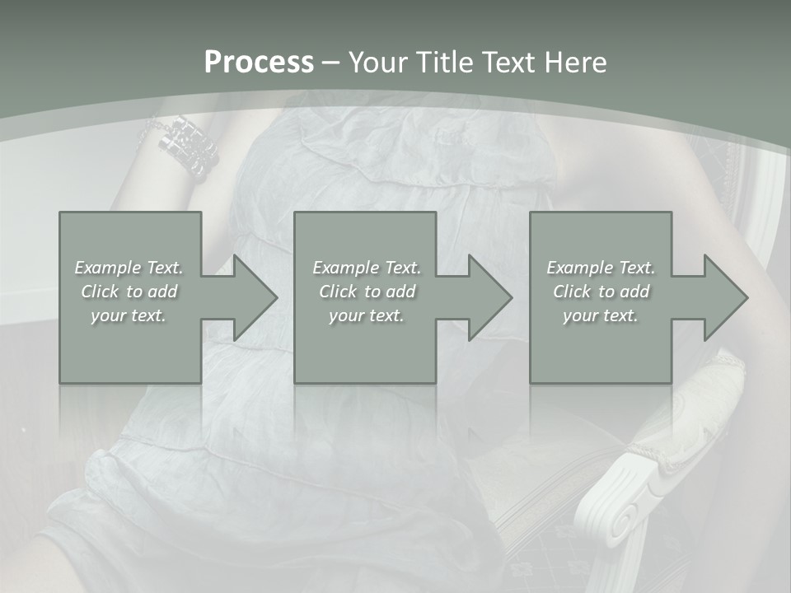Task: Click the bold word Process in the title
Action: pyautogui.click(x=259, y=63)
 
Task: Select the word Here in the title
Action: pyautogui.click(x=577, y=63)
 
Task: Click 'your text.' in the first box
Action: pyautogui.click(x=129, y=315)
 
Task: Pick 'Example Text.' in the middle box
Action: pyautogui.click(x=367, y=268)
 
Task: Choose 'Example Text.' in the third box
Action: pyautogui.click(x=601, y=268)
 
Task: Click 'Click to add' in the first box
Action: pyautogui.click(x=129, y=292)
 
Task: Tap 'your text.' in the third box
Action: pyautogui.click(x=601, y=315)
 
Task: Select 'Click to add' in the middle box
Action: pyautogui.click(x=367, y=292)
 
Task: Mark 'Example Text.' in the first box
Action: pyautogui.click(x=129, y=268)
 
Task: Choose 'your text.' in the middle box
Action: pyautogui.click(x=367, y=315)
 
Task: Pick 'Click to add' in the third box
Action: pyautogui.click(x=601, y=292)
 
